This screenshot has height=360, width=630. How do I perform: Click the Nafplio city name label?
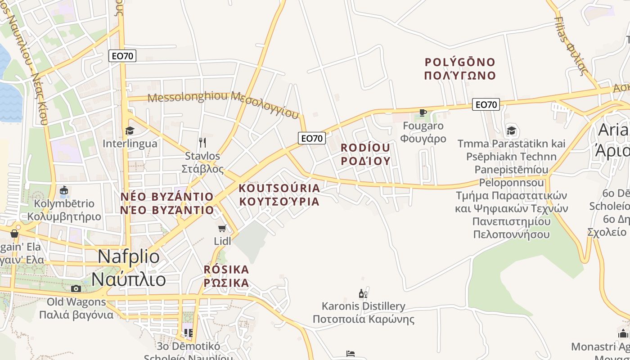pyautogui.click(x=129, y=268)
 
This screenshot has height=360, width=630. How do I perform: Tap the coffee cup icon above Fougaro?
pyautogui.click(x=423, y=112)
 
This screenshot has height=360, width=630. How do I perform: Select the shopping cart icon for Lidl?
pyautogui.click(x=222, y=228)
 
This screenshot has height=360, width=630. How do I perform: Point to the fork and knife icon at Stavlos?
pyautogui.click(x=202, y=143)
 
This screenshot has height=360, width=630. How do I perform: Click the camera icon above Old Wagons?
pyautogui.click(x=76, y=288)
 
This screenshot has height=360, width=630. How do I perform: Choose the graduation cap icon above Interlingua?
pyautogui.click(x=130, y=131)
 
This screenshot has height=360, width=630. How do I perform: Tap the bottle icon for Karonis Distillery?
pyautogui.click(x=362, y=294)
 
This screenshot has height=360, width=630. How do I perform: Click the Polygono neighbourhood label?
pyautogui.click(x=460, y=68)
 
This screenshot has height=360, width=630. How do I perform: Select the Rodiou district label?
pyautogui.click(x=365, y=154)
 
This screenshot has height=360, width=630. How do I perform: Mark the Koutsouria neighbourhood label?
pyautogui.click(x=279, y=194)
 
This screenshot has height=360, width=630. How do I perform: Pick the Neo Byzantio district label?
pyautogui.click(x=166, y=203)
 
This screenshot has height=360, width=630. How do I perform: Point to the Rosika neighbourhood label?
pyautogui.click(x=226, y=276)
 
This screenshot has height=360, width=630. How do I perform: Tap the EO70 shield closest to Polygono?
pyautogui.click(x=486, y=105)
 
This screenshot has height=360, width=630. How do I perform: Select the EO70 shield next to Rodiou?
pyautogui.click(x=311, y=138)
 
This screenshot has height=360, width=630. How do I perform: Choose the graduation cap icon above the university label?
pyautogui.click(x=511, y=131)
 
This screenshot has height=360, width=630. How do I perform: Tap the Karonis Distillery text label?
pyautogui.click(x=363, y=313)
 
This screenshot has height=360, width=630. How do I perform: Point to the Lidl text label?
pyautogui.click(x=222, y=241)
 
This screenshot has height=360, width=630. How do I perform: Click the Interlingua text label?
pyautogui.click(x=130, y=144)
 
